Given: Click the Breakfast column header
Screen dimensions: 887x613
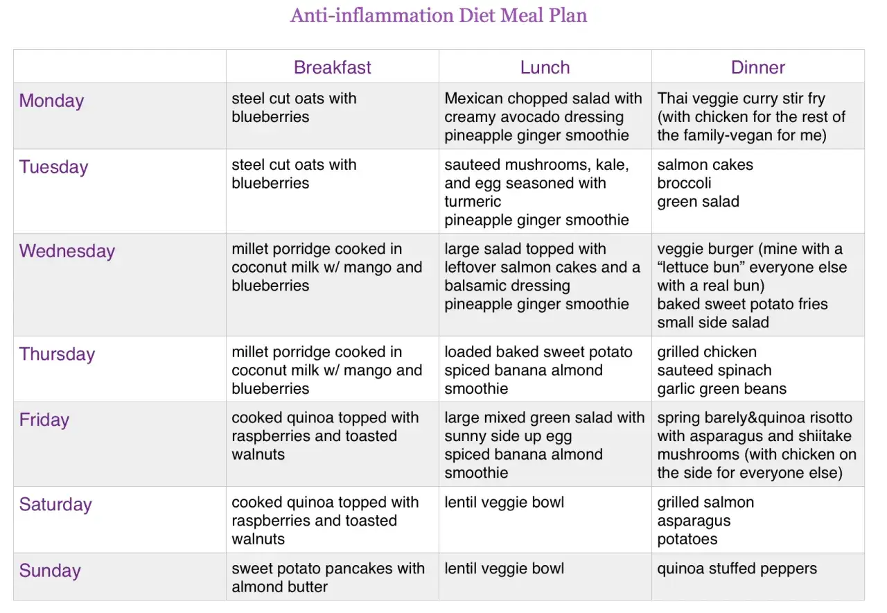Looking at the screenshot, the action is [x=332, y=67].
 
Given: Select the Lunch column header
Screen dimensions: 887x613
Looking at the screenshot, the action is [x=545, y=67].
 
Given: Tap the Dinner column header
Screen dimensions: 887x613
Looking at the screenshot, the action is [x=757, y=67].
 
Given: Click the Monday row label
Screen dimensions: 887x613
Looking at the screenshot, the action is [x=51, y=101].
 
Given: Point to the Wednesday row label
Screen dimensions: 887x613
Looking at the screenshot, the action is [x=67, y=251].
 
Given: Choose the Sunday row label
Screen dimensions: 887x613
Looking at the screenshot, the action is [x=50, y=571].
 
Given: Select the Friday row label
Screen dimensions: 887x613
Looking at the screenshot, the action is [x=44, y=420].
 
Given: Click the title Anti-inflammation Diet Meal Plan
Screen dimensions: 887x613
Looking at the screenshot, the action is [x=439, y=16].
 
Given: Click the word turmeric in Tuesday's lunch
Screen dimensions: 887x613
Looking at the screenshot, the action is [x=473, y=201].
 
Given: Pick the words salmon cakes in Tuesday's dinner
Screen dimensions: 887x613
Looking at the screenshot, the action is [x=705, y=165].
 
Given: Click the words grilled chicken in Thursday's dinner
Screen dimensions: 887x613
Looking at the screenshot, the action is [x=707, y=352].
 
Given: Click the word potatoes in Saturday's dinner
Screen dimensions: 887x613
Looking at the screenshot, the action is [x=687, y=539].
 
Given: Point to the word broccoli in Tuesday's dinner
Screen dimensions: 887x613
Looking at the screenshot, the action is [x=684, y=183].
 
